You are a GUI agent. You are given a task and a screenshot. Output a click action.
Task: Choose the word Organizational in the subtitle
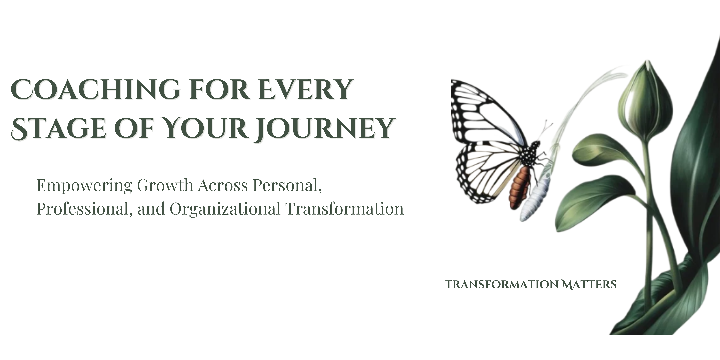pyautogui.click(x=225, y=209)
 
